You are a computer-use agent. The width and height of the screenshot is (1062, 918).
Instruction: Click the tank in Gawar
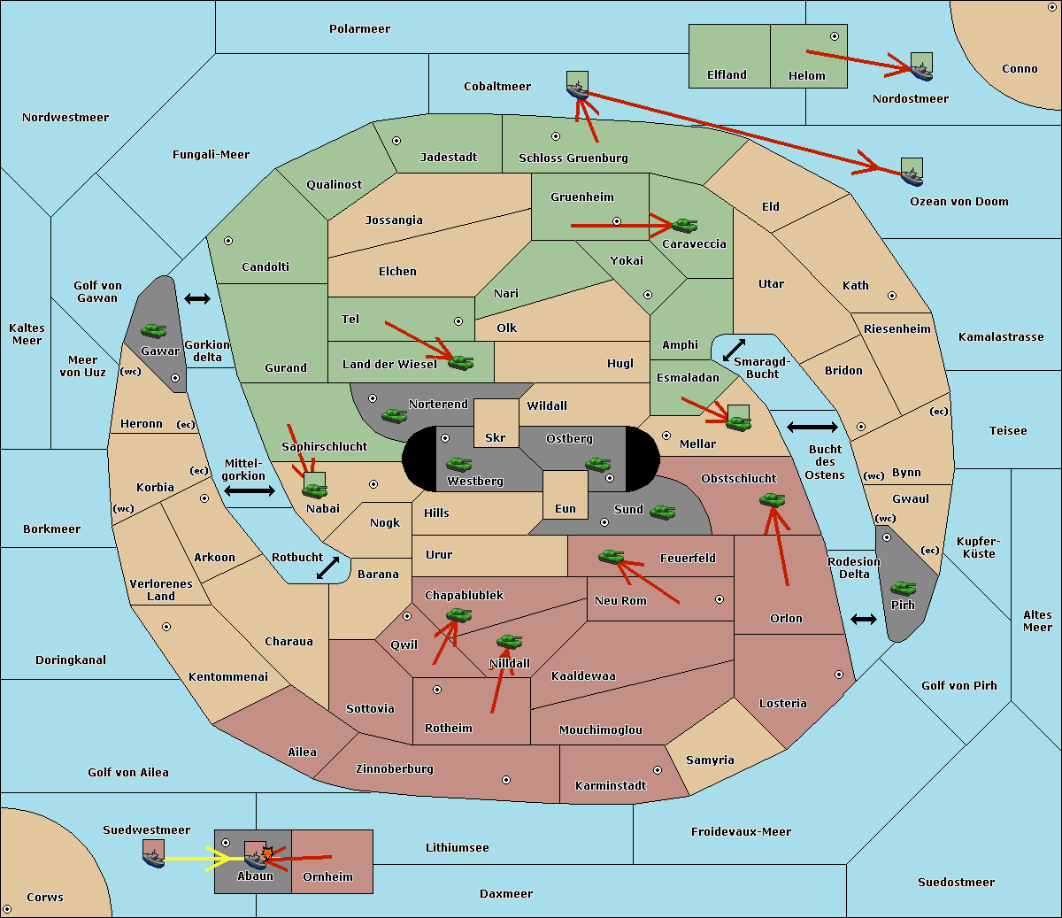pyautogui.click(x=154, y=330)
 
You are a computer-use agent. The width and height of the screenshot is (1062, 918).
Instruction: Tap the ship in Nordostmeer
pyautogui.click(x=922, y=72)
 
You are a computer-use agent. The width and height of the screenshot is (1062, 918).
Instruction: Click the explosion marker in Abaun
pyautogui.click(x=267, y=853)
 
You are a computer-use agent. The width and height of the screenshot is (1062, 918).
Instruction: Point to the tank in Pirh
pyautogui.click(x=904, y=588)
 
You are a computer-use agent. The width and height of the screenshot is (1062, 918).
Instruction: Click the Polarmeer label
pyautogui.click(x=359, y=29)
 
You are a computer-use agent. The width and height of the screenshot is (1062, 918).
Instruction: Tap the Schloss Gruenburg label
pyautogui.click(x=573, y=158)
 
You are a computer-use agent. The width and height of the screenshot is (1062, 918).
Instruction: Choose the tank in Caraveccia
pyautogui.click(x=685, y=225)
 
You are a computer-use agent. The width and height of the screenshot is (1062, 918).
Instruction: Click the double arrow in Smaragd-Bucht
pyautogui.click(x=734, y=350)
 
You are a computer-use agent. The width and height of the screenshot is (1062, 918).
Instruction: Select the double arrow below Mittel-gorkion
pyautogui.click(x=250, y=490)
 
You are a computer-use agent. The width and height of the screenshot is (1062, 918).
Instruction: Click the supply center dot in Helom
pyautogui.click(x=835, y=36)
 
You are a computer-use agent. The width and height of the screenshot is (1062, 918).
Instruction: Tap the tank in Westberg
pyautogui.click(x=458, y=464)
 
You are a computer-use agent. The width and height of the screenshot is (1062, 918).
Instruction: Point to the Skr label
pyautogui.click(x=496, y=437)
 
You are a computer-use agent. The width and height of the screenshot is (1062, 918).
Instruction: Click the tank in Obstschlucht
pyautogui.click(x=773, y=499)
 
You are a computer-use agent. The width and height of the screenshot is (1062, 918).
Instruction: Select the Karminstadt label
pyautogui.click(x=611, y=785)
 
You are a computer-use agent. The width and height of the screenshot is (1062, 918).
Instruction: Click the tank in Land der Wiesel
pyautogui.click(x=461, y=363)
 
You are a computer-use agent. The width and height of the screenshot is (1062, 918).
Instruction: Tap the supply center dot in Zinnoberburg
pyautogui.click(x=506, y=780)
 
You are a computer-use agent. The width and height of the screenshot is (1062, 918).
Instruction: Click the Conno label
pyautogui.click(x=1020, y=69)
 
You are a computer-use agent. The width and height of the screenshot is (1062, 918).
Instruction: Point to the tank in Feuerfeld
pyautogui.click(x=612, y=556)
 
